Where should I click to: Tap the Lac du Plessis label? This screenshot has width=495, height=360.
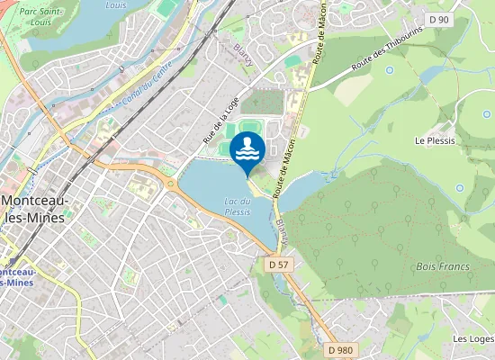tap(237, 206)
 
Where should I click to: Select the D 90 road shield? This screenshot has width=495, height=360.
tap(439, 19)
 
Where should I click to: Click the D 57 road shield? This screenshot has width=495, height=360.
tap(278, 265)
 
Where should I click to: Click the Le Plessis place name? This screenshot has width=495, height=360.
tap(432, 141)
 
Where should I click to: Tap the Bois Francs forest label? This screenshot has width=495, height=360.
tap(438, 266)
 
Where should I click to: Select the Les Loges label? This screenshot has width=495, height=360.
tap(473, 339)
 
